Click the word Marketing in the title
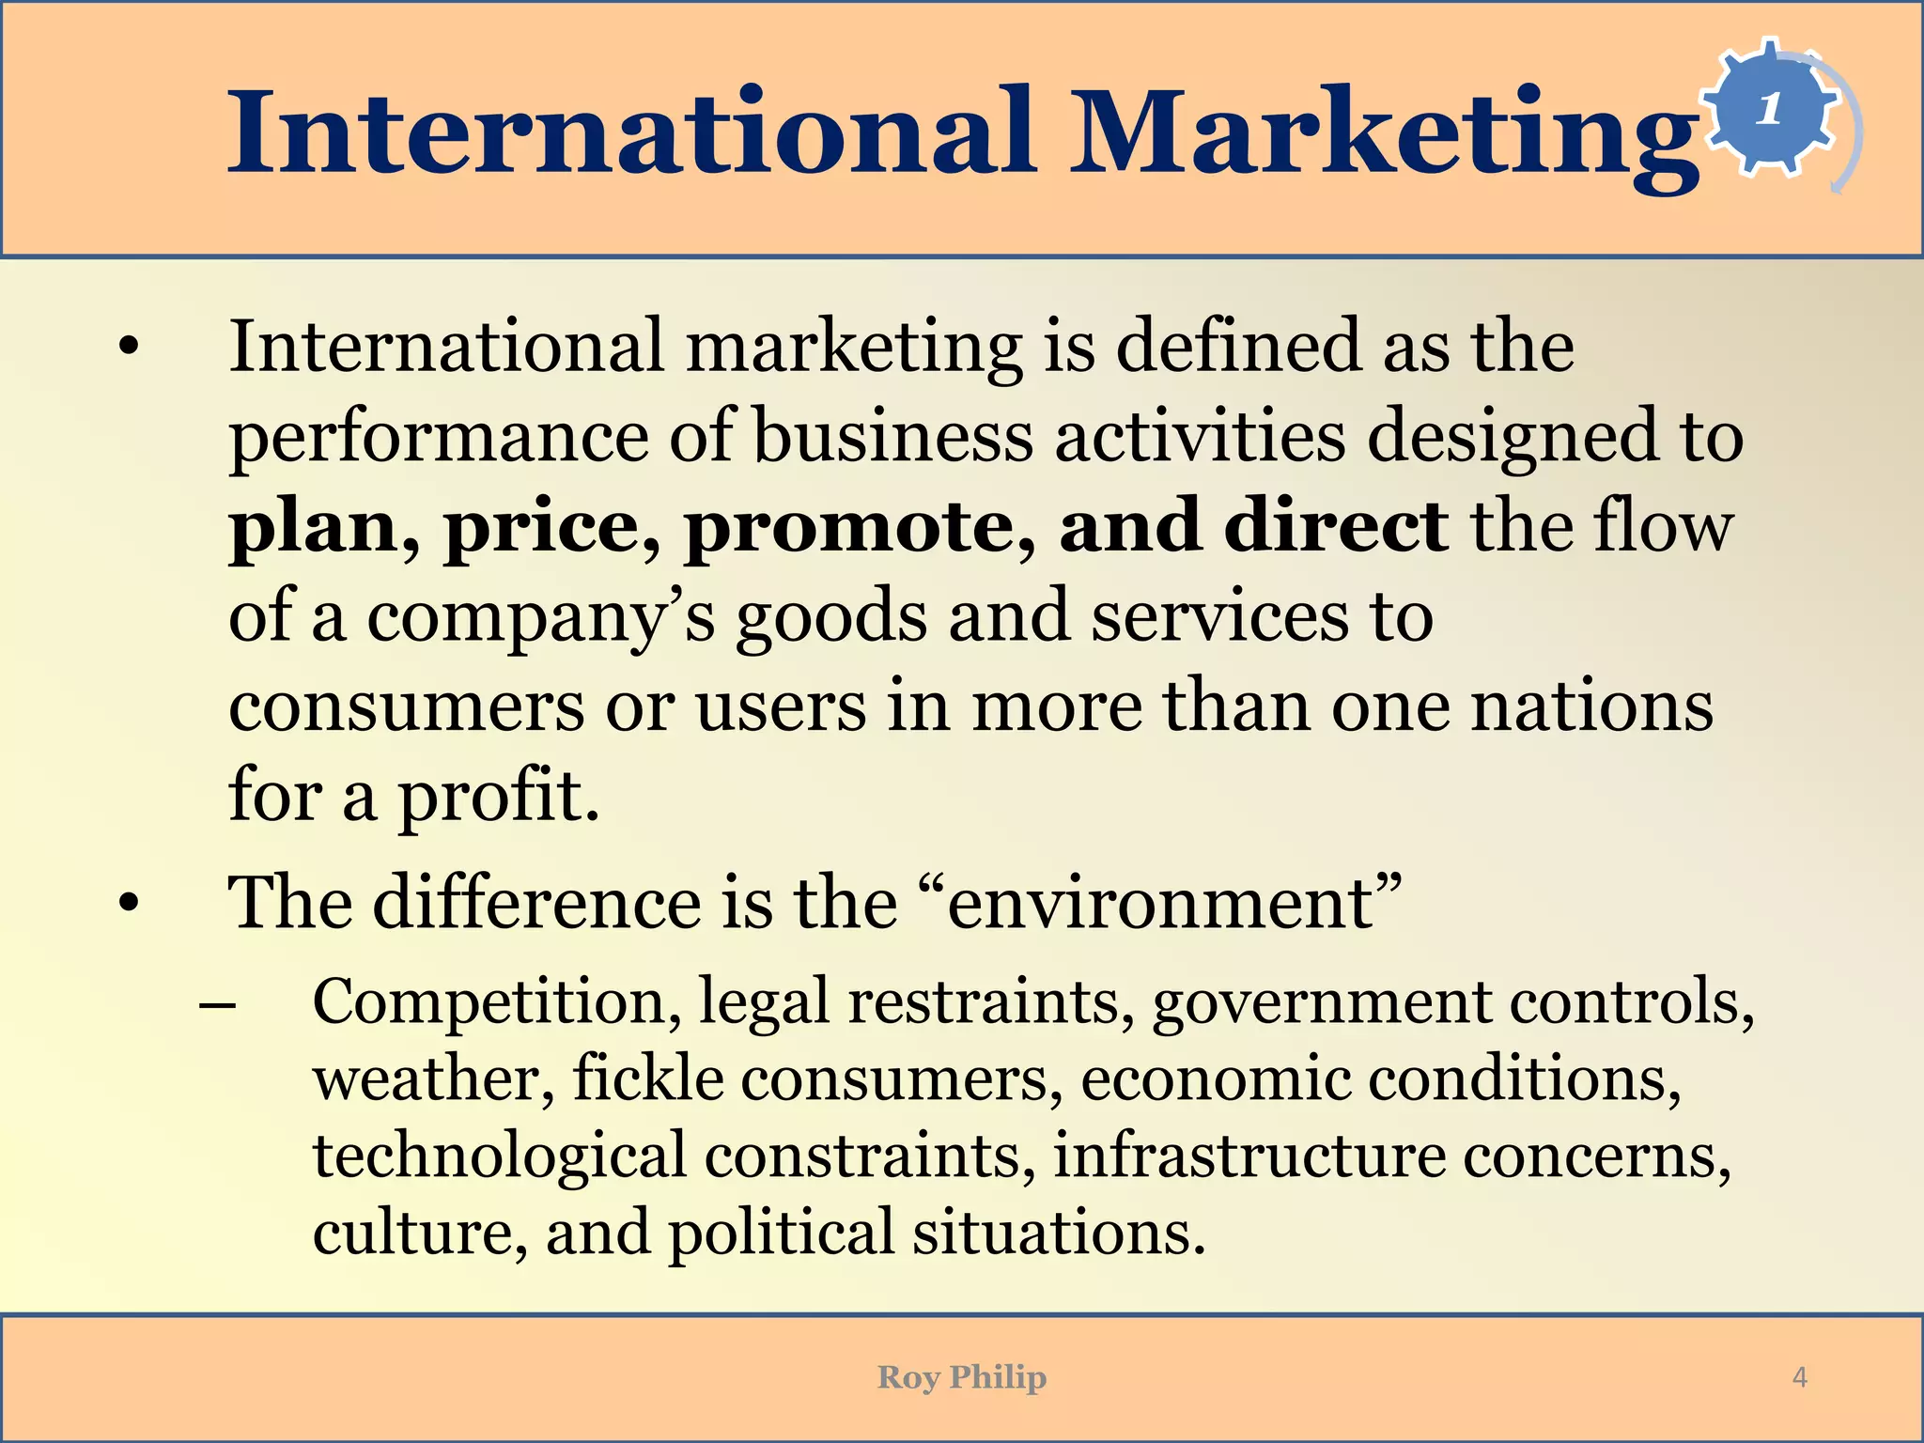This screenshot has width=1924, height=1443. click(1386, 133)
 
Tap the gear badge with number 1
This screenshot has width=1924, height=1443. click(1770, 109)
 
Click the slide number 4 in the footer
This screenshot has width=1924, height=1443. click(1799, 1377)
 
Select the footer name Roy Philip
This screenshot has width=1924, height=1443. click(961, 1377)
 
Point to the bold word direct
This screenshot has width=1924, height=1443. click(1334, 526)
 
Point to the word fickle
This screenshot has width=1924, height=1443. click(648, 1078)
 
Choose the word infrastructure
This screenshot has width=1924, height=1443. click(1249, 1156)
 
